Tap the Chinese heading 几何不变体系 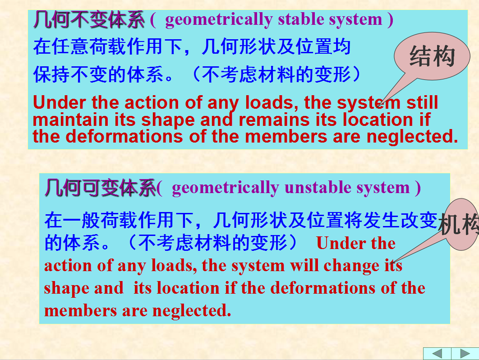[88, 19]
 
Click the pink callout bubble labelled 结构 [432, 56]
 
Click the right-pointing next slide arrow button [465, 354]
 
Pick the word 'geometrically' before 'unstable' [226, 188]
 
